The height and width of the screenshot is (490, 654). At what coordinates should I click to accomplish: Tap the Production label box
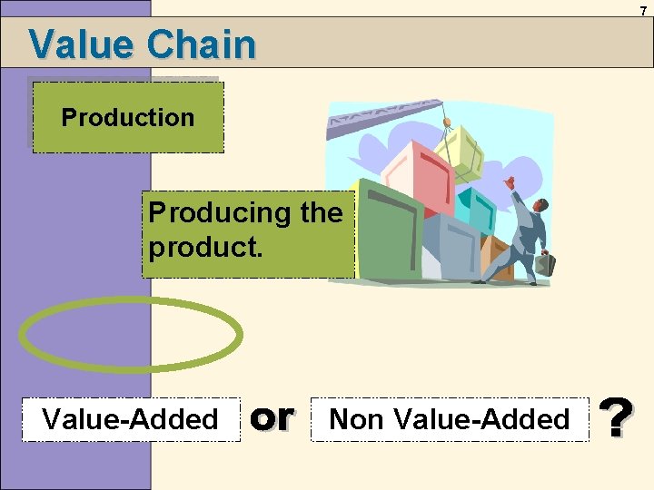128,118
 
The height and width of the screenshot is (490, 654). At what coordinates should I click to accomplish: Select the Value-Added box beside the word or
130,419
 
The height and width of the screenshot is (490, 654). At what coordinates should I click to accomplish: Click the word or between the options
272,417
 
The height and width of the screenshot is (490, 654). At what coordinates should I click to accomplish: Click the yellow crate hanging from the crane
459,154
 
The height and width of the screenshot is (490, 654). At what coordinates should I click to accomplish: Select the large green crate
386,227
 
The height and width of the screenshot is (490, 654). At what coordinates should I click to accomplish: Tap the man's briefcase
545,264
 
